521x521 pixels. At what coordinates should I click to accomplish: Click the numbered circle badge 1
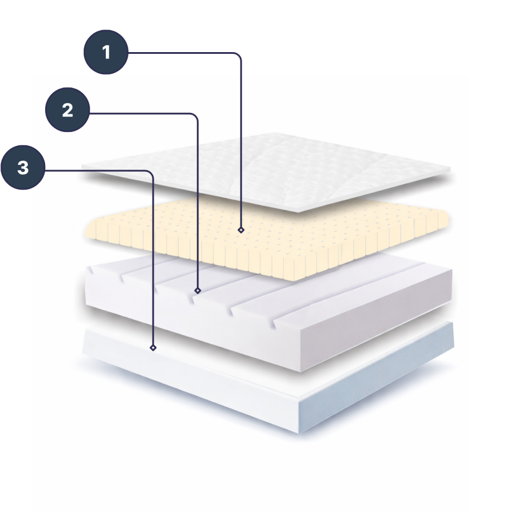pos(106,52)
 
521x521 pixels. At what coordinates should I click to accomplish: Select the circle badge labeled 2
pos(68,109)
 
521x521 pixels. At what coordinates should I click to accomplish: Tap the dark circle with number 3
pos(23,167)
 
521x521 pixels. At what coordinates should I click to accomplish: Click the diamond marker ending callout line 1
pos(241,230)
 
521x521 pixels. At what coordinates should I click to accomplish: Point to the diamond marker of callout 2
pos(198,291)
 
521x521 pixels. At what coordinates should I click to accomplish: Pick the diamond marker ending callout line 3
pos(153,347)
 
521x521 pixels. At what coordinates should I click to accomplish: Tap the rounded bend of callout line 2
pos(195,117)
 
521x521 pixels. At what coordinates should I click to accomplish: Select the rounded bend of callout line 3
pos(150,174)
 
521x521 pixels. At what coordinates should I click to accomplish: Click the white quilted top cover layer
pos(266,171)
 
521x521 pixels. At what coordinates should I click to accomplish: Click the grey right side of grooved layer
pos(376,319)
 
